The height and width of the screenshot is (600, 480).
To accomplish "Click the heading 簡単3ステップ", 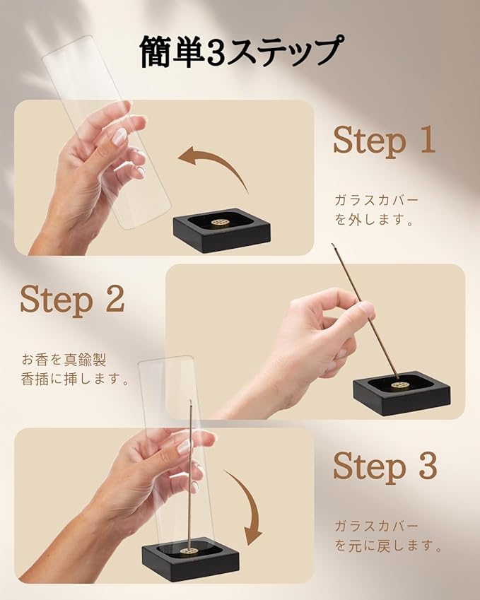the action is (x=241, y=52).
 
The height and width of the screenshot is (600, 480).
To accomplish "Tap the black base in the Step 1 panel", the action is (x=222, y=230).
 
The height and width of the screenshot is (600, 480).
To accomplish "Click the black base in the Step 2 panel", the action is (x=401, y=394).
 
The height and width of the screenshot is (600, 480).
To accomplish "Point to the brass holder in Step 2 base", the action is (x=398, y=387).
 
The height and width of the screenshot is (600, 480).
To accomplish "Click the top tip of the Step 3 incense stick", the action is (x=190, y=400).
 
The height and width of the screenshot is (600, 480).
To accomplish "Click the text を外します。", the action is (x=375, y=220).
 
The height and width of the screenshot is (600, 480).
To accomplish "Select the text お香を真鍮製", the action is (x=64, y=360).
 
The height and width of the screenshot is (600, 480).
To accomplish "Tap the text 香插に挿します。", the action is (x=75, y=379).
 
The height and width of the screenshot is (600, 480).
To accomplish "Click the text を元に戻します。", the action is (x=389, y=546).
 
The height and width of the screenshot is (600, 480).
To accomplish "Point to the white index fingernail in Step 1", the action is (x=119, y=136).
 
